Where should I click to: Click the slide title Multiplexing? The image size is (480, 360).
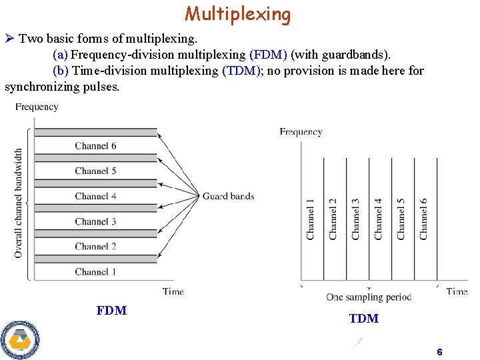(x=238, y=13)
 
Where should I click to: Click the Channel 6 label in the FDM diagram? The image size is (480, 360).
(x=95, y=146)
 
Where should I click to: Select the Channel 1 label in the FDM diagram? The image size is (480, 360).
(x=95, y=271)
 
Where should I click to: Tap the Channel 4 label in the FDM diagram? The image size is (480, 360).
(x=95, y=196)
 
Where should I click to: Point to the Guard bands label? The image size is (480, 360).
(x=228, y=196)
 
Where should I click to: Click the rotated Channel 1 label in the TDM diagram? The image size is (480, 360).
(x=311, y=219)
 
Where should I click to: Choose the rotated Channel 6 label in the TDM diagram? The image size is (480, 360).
(x=424, y=219)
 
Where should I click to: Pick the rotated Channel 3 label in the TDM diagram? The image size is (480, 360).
(x=356, y=219)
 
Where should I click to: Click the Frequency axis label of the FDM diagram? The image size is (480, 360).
(x=37, y=107)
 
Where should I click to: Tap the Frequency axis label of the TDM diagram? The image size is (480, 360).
(x=301, y=132)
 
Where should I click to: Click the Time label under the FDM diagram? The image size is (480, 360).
(x=173, y=291)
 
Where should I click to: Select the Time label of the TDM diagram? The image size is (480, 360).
(x=457, y=291)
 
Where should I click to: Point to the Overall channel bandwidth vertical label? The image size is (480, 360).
(x=18, y=203)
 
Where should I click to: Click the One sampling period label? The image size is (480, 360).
(x=369, y=297)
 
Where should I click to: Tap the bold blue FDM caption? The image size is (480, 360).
(x=111, y=311)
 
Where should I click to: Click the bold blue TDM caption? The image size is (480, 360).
(x=363, y=319)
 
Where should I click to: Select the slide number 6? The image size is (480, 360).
(x=439, y=352)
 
